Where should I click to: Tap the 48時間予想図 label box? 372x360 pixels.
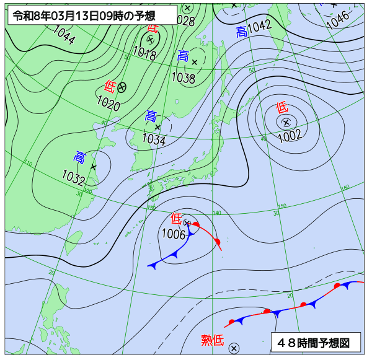point(315,342)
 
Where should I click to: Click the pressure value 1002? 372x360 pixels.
point(290,135)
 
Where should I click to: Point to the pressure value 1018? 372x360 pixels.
point(144,54)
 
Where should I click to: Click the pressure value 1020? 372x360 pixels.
point(108,104)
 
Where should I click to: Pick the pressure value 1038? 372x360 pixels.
point(183,79)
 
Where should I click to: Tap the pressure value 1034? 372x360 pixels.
point(153,140)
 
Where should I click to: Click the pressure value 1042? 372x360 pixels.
point(259,26)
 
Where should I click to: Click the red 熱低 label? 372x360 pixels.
point(212,340)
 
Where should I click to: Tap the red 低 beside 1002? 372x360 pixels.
point(281,107)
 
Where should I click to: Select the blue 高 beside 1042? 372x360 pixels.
point(241,32)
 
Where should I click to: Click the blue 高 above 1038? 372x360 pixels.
point(183,56)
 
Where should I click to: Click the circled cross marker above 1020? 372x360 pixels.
point(122,87)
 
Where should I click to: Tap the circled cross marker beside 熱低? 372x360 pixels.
point(234,348)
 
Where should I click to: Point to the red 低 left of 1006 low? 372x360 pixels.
point(176,218)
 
